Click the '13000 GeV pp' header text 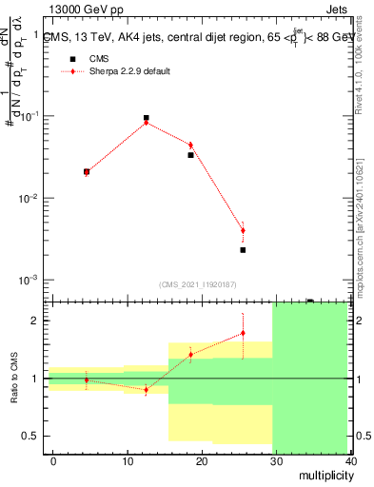(86, 10)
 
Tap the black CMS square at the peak (146, 119)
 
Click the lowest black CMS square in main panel (243, 250)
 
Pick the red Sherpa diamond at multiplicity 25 (243, 230)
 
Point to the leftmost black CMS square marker (87, 172)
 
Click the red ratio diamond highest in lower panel (243, 333)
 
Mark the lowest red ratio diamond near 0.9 (146, 390)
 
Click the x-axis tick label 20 (201, 461)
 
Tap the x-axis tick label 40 (347, 461)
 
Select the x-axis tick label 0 (53, 461)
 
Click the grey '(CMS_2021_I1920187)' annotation (197, 284)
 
